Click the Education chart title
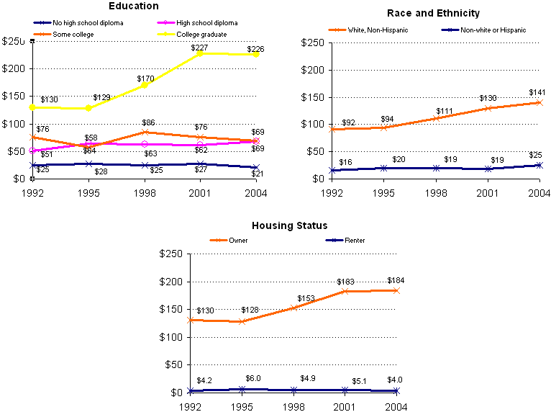pyautogui.click(x=134, y=6)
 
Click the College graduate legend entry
pyautogui.click(x=196, y=35)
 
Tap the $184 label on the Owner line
pyautogui.click(x=396, y=280)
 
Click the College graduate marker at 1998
pyautogui.click(x=145, y=85)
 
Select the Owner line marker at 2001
pyautogui.click(x=345, y=291)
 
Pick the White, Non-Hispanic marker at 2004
pyautogui.click(x=538, y=102)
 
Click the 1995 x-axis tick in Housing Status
pyautogui.click(x=242, y=406)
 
